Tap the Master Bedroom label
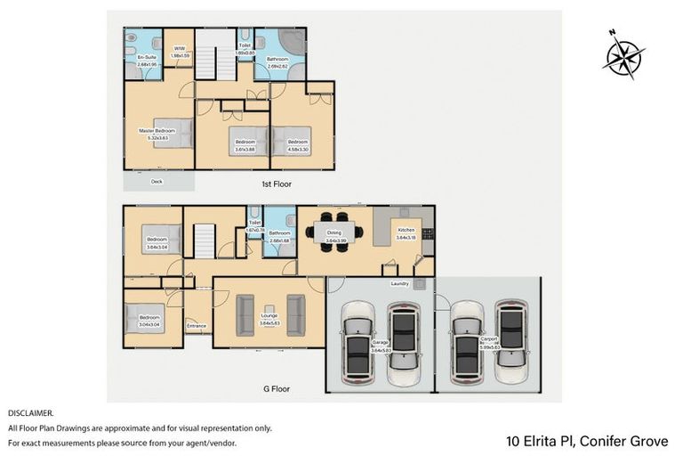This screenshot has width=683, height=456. tap(157, 131)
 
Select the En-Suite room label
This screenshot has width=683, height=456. tap(135, 58)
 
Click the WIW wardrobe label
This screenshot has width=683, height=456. tap(179, 50)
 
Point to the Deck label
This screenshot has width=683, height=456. tap(157, 181)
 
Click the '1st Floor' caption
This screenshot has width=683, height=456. tap(277, 183)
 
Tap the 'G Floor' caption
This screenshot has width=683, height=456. tap(277, 388)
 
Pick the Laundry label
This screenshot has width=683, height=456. tap(399, 284)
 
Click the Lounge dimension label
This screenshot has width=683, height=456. tap(269, 322)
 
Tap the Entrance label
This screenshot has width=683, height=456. tap(197, 325)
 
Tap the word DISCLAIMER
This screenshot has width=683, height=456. tap(30, 413)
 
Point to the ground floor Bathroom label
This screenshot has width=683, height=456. tap(279, 233)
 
